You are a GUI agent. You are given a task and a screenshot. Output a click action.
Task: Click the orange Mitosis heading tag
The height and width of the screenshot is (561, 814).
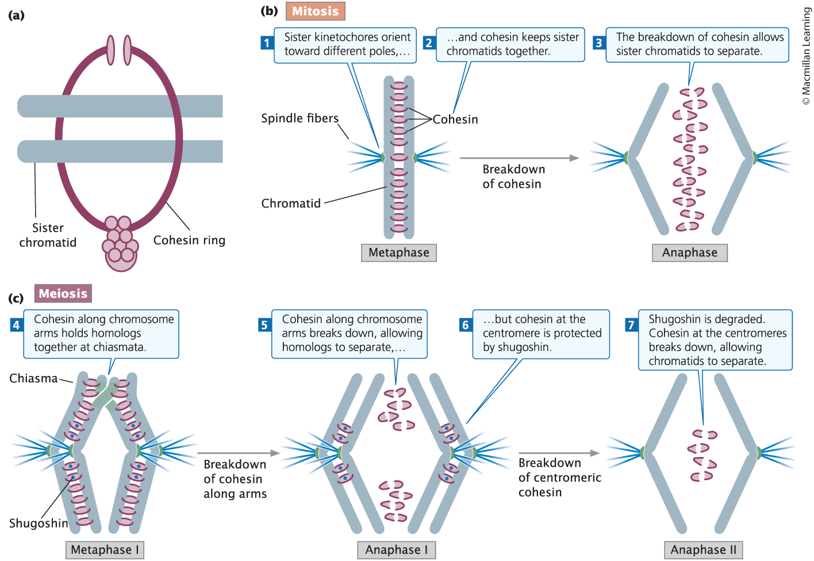point(315,11)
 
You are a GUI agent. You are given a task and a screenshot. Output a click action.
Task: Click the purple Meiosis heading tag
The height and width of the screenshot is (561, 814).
point(63,294)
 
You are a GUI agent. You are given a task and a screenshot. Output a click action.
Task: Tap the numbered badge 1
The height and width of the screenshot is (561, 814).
point(267,43)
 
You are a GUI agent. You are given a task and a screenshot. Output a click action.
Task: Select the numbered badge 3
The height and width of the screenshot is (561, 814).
point(599,43)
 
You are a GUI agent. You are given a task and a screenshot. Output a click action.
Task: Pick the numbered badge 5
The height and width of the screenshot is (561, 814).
point(264,325)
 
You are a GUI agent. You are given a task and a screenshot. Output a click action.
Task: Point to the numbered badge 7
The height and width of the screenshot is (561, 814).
point(631,325)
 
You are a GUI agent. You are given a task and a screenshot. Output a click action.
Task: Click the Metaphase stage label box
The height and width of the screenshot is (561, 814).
point(399,253)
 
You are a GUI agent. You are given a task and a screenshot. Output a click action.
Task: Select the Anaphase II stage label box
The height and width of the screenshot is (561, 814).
point(703,550)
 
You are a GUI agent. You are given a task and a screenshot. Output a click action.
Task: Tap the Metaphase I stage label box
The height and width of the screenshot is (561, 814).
point(105,550)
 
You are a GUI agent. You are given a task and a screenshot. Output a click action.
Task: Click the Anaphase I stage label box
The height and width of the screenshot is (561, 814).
point(397,550)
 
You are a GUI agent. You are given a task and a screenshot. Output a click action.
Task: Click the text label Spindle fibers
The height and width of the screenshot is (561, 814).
point(300,118)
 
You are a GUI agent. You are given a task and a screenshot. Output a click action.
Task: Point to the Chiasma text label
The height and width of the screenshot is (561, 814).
point(33,378)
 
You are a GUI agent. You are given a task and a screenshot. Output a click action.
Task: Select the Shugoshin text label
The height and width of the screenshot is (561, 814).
point(39,523)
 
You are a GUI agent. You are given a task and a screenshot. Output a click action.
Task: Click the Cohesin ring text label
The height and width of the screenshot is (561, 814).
point(189,240)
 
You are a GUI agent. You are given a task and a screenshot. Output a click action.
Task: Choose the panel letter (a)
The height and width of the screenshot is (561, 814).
point(16,16)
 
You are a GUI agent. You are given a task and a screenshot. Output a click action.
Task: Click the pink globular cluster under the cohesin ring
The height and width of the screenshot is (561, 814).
point(120,244)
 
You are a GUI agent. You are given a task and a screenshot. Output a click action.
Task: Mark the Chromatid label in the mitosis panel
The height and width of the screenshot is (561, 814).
point(291,203)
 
